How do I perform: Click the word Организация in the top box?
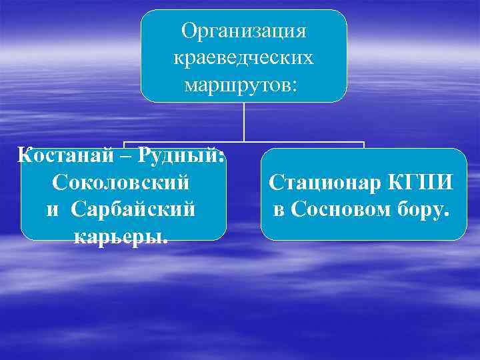tap(243, 31)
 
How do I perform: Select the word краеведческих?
tap(243, 59)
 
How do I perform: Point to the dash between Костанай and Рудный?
tap(128, 156)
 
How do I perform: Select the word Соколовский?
tap(120, 182)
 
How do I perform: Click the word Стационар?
tap(322, 182)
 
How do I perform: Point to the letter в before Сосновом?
tap(279, 210)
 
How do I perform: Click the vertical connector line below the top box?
tap(244, 121)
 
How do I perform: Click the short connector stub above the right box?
tap(364, 145)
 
